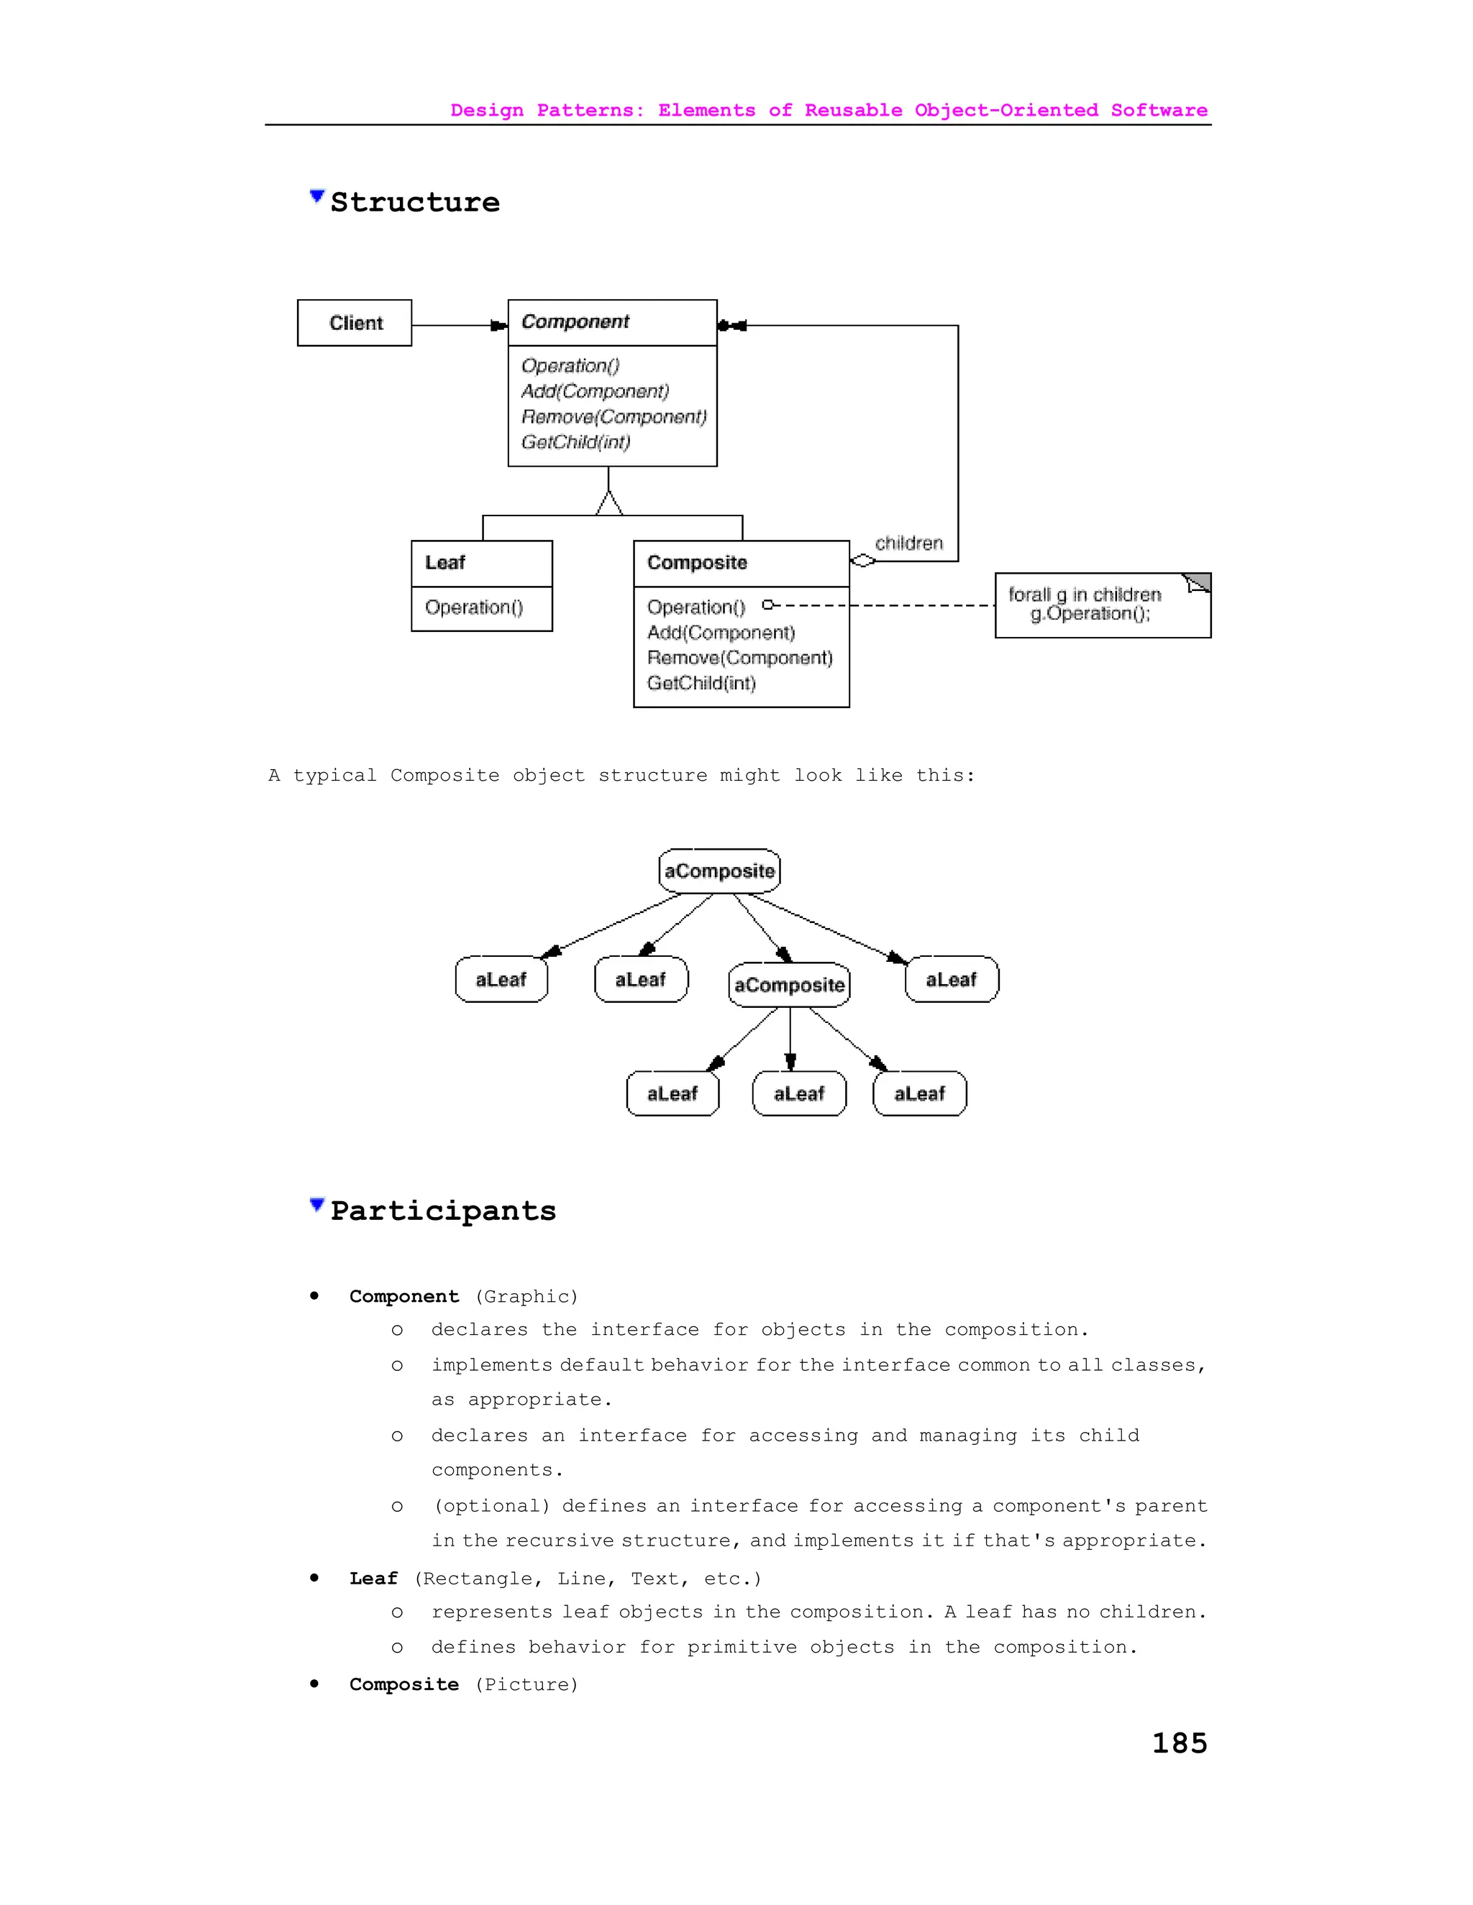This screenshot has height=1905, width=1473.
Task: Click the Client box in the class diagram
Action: tap(355, 323)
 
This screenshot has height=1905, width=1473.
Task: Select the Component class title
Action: tap(575, 322)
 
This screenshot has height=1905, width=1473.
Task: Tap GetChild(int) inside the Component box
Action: tap(575, 442)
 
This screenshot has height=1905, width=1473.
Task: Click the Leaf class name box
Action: tap(481, 563)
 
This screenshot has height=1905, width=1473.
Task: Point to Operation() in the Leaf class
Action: tap(474, 607)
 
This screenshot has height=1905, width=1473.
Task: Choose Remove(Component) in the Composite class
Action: tap(739, 658)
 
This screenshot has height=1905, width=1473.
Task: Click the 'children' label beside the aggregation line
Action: tap(908, 543)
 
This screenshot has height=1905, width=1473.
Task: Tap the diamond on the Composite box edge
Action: tap(862, 561)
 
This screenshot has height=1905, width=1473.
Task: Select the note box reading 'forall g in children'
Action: tap(1101, 605)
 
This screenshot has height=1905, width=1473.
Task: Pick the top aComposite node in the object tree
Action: tap(719, 871)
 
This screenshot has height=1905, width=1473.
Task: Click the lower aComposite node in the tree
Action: tap(789, 985)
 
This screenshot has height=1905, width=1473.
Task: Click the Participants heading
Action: tap(442, 1211)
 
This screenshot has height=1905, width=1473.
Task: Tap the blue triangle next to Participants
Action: tap(316, 1206)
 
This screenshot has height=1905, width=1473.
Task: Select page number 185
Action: tap(1179, 1743)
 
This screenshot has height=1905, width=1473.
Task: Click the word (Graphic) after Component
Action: tap(526, 1296)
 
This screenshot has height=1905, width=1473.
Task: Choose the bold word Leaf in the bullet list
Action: tap(373, 1578)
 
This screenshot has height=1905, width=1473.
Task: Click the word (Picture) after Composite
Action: tap(526, 1684)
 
